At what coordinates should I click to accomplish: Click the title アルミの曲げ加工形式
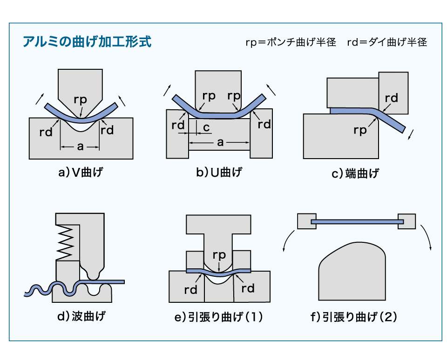coord(87,42)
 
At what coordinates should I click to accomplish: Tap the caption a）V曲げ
coord(80,173)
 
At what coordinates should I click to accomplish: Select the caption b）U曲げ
coord(219,173)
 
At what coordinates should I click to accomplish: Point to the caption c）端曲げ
coord(355,174)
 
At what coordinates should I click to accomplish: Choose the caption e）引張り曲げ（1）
coord(219,318)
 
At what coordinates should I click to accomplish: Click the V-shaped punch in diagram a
coord(80,84)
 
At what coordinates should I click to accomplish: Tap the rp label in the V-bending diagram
coord(81,99)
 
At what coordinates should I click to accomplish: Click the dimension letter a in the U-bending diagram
coord(220,143)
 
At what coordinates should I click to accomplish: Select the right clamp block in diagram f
coord(406,221)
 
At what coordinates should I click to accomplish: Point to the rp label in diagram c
coord(360,131)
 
